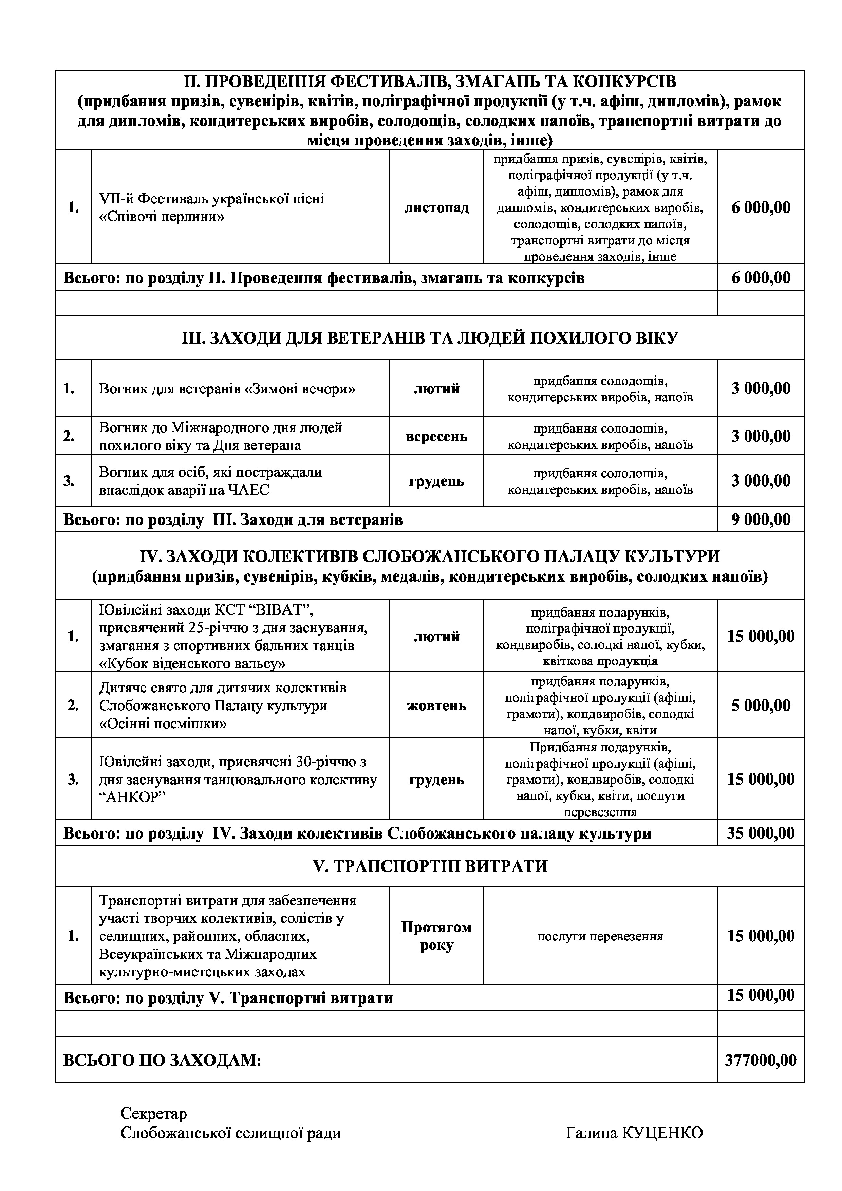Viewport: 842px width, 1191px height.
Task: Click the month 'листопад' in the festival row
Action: pos(436,208)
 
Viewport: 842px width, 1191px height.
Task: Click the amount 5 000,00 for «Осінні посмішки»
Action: pos(761,706)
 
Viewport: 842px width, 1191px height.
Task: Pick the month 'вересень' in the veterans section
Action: pos(436,436)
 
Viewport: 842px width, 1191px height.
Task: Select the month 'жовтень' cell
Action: pos(436,706)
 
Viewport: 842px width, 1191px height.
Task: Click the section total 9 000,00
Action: pos(761,519)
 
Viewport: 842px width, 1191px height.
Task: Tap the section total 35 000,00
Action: pos(761,833)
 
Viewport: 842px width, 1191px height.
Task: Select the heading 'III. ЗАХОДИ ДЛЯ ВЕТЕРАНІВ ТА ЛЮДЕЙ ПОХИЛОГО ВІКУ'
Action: pos(430,338)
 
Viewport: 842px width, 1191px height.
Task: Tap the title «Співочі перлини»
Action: pos(162,217)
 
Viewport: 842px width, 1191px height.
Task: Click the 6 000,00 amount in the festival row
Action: pos(761,208)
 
